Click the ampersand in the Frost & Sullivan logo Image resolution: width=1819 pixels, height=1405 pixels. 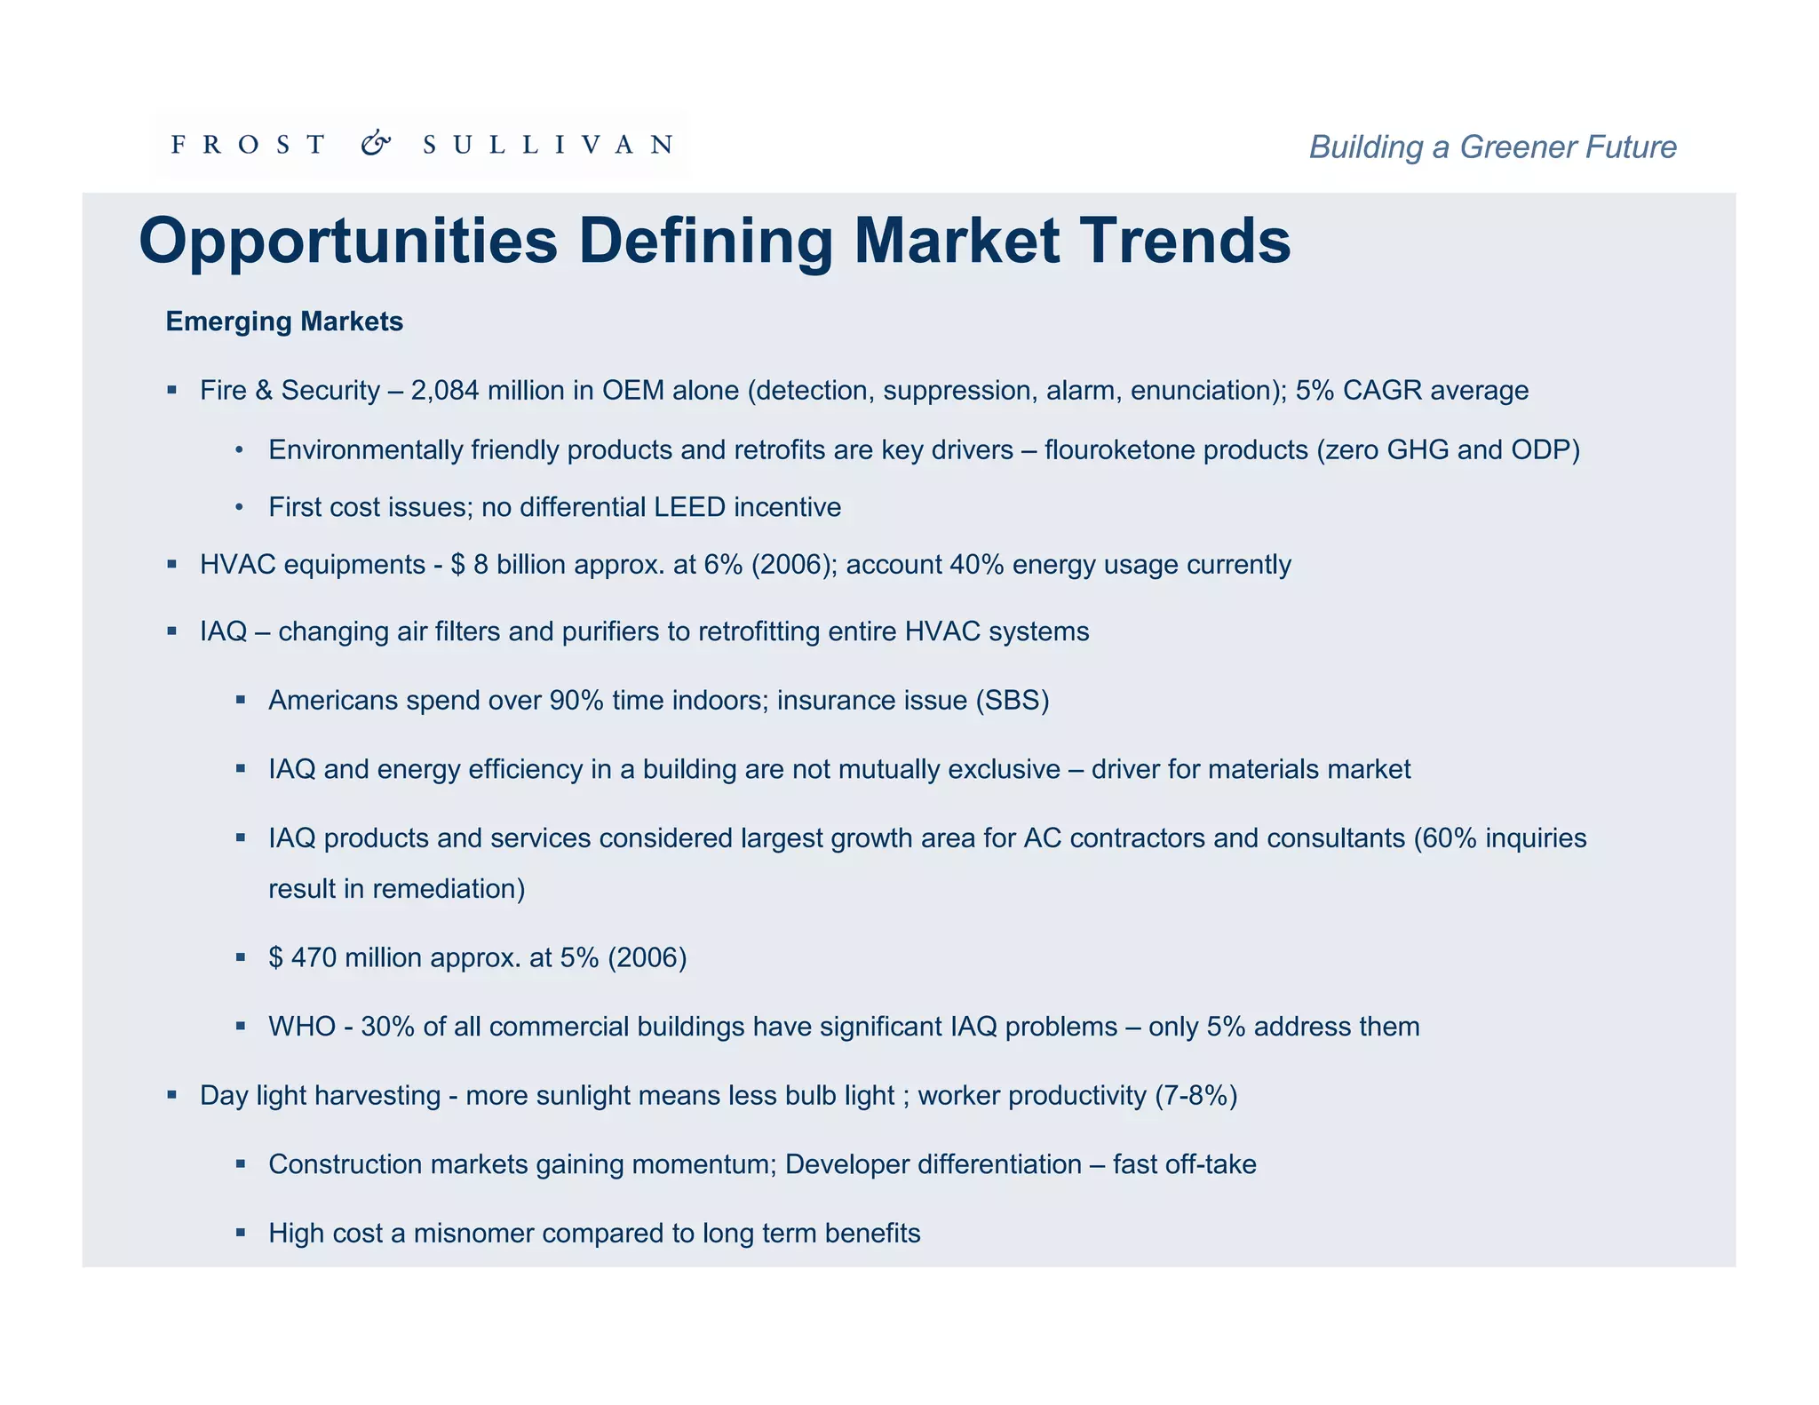coord(376,144)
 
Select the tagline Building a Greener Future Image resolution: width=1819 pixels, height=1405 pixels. coord(1492,147)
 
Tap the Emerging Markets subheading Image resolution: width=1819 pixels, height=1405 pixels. coord(284,321)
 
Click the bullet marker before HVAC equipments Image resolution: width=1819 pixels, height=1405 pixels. coord(172,565)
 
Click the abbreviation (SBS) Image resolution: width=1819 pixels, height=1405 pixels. coord(1012,701)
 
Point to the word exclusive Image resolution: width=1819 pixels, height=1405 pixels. coord(1004,769)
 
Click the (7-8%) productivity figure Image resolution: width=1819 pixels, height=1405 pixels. coord(1195,1096)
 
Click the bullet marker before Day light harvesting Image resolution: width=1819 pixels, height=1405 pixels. coord(172,1096)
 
